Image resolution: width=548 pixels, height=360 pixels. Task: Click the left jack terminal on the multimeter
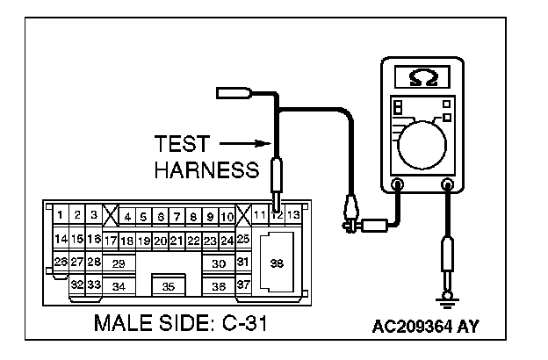tap(398, 185)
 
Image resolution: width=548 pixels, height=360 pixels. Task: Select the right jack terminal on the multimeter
tap(448, 185)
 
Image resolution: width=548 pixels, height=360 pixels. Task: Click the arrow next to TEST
tap(242, 142)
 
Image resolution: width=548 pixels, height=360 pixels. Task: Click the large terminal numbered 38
tap(277, 263)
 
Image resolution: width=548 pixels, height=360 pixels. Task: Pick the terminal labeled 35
tap(169, 286)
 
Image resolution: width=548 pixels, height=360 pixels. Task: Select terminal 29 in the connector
tap(119, 263)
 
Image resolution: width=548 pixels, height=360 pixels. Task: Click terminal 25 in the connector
tap(244, 238)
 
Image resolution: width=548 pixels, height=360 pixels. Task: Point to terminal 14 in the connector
tap(61, 239)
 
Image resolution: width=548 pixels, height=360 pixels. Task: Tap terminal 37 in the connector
tap(244, 285)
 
